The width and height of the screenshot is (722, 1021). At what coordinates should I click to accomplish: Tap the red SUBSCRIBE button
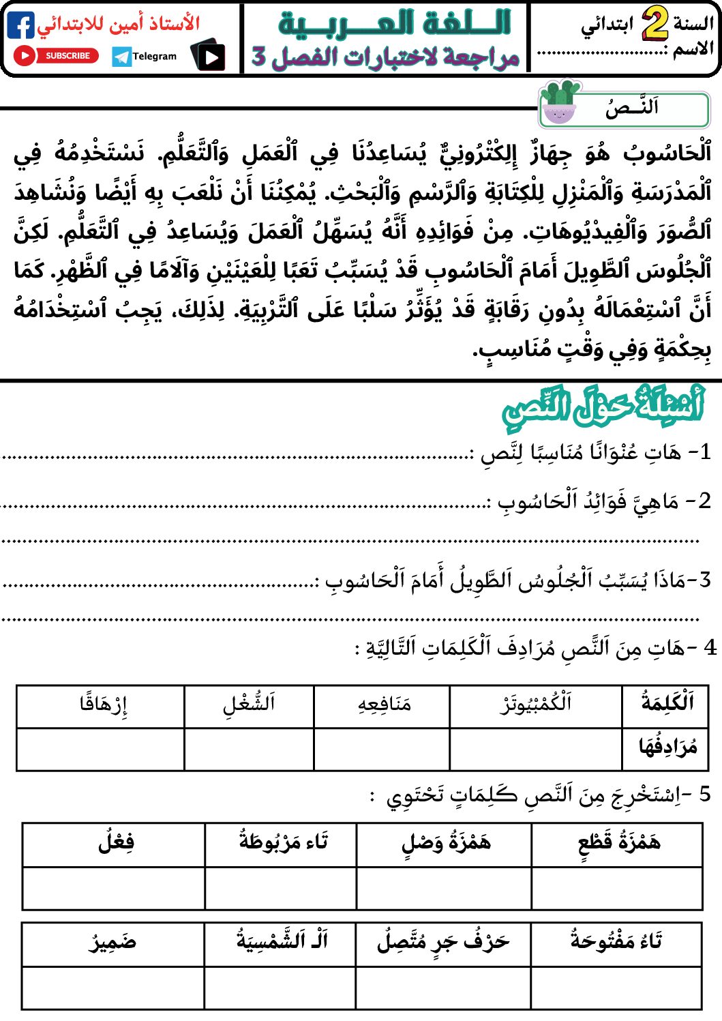point(57,56)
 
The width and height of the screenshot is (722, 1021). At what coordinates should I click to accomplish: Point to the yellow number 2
point(655,25)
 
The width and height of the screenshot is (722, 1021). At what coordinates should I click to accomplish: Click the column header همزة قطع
point(618,843)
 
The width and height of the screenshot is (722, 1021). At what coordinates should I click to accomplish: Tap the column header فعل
point(116,843)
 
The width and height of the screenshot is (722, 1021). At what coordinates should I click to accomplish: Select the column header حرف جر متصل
point(443,943)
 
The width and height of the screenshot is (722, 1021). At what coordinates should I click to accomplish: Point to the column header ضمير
point(112,943)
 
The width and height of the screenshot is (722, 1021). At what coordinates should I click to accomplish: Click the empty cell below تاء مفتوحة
point(616,987)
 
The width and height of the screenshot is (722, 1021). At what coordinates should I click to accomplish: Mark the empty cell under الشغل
point(249,748)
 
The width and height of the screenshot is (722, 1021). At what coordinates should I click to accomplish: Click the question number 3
point(704,580)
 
